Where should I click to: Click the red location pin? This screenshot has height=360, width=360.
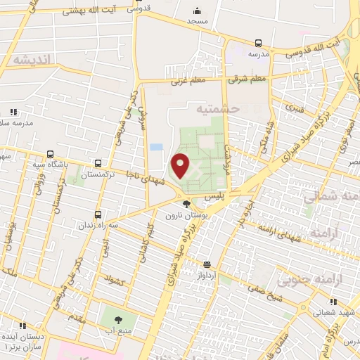tap(180, 165)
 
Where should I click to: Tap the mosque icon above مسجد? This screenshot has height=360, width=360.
tap(196, 11)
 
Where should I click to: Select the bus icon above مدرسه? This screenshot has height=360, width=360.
tap(258, 43)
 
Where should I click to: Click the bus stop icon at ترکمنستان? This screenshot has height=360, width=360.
tap(97, 161)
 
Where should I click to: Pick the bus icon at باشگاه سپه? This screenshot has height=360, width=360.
tap(49, 154)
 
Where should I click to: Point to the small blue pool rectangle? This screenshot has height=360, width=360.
tap(156, 147)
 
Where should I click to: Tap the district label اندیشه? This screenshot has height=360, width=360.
tap(29, 60)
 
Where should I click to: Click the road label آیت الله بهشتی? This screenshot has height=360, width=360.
tap(88, 13)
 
